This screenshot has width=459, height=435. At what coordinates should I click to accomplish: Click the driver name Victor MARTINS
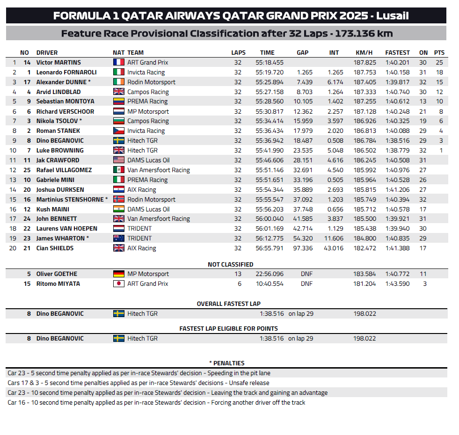point(58,63)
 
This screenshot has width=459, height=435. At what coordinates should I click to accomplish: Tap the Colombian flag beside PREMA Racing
point(119,101)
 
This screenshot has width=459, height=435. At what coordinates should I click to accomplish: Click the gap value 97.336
point(304,248)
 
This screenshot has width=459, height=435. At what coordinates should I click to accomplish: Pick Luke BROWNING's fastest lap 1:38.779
point(397,151)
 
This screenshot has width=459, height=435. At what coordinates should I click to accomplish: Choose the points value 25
point(439,63)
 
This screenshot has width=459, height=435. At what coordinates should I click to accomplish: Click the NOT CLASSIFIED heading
point(230,265)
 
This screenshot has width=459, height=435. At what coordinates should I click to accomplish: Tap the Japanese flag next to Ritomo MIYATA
point(119,284)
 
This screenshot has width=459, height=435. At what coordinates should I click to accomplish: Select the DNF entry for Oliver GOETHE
point(306,274)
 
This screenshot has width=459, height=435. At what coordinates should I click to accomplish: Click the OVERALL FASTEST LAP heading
point(228,304)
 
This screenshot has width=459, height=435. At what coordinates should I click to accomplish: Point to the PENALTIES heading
point(226,363)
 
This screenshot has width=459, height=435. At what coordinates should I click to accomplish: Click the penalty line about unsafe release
point(138,383)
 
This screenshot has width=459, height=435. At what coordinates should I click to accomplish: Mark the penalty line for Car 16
point(156,403)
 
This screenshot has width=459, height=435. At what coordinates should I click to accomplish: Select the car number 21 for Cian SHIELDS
point(27,248)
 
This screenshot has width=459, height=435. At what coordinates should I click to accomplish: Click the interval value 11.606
point(333,239)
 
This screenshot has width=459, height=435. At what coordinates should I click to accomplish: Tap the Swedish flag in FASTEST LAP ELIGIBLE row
point(119,339)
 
